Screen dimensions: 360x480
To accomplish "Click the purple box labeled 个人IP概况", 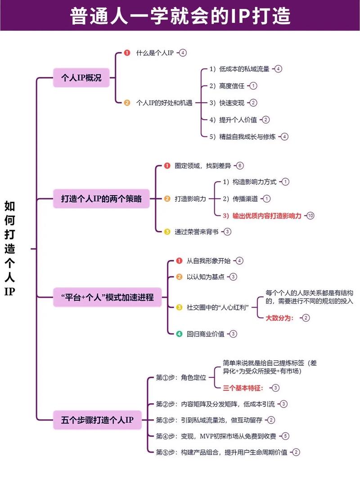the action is pos(81,78).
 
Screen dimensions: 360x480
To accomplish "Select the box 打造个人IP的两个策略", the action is pos(101,199).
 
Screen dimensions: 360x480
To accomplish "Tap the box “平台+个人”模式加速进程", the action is pos(108,297).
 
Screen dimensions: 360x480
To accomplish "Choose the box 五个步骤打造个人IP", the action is pos(97,420).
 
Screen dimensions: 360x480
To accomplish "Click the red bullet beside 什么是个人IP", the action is pos(127,53).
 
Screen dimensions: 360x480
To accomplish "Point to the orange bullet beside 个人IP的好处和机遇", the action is pos(127,103).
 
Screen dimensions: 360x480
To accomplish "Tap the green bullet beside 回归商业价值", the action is pos(179,334).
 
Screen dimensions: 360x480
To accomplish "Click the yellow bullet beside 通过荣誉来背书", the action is pos(167,232).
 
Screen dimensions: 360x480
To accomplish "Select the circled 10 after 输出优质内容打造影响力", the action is pos(310,216).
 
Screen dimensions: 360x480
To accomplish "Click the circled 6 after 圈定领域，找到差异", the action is pos(240,166).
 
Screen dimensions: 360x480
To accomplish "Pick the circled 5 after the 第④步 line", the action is pos(285,436).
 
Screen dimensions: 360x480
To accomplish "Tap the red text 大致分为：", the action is pos(279,318).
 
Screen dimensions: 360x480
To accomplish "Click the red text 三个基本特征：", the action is pos(243,388).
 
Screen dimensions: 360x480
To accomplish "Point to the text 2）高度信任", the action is pos(227,86).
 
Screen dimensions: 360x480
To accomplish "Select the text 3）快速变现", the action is pos(227,103).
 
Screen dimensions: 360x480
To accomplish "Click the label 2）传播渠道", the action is pos(240,199).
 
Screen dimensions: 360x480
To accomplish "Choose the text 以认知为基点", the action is pos(206,277).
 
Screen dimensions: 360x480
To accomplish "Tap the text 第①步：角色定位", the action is pos(181,377).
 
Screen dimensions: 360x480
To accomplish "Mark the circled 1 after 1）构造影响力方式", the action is pos(285,182).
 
